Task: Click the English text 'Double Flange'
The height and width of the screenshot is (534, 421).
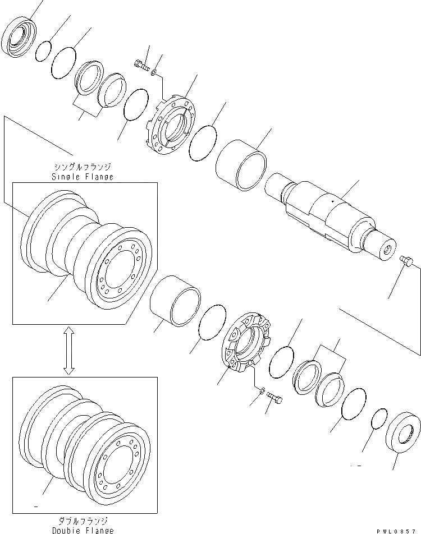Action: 84,530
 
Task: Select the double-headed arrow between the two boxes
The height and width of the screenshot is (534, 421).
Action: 68,351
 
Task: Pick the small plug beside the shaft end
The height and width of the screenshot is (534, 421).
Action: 406,260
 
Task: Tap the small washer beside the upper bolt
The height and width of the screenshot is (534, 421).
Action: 154,73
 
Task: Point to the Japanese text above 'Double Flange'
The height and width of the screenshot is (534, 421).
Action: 84,521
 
